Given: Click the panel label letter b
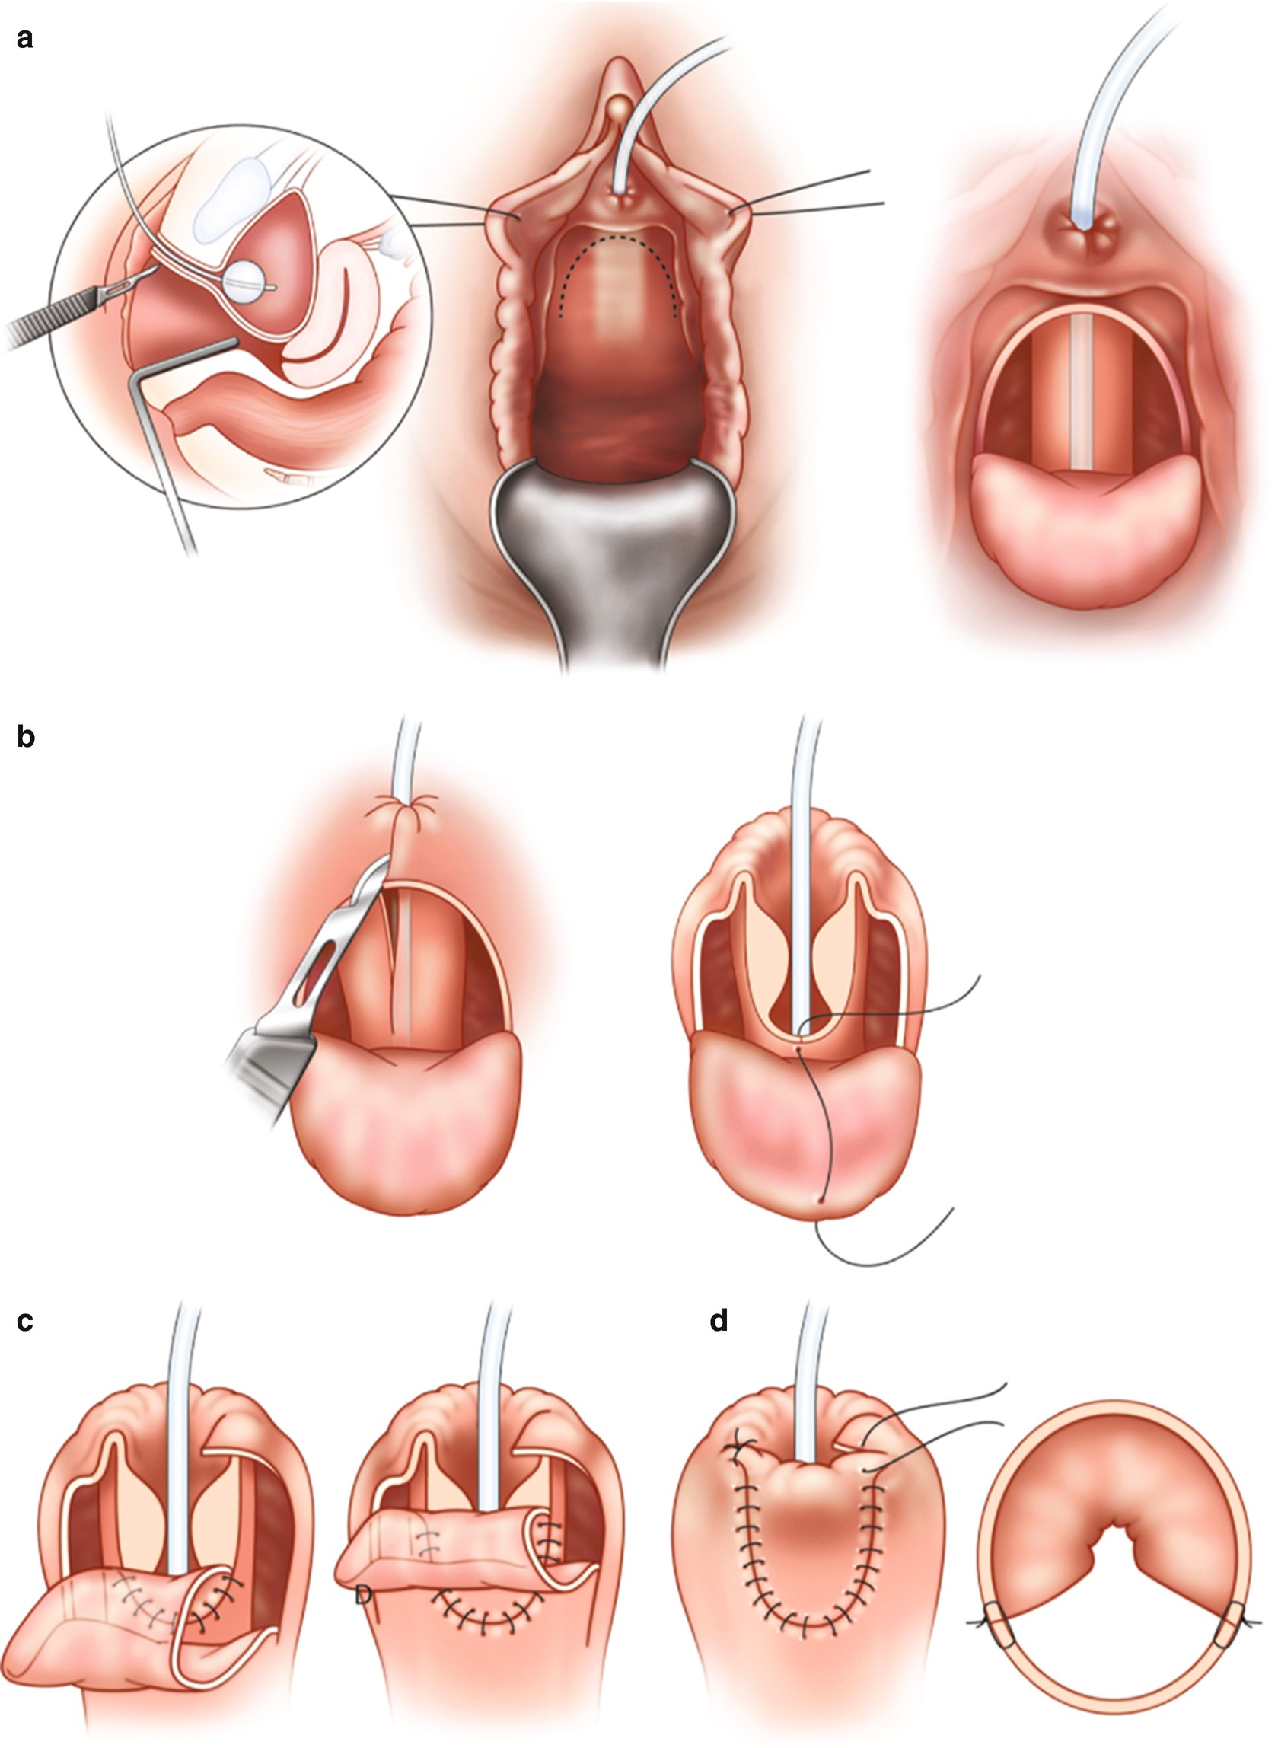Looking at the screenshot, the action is point(26,737).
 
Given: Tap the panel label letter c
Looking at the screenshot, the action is point(25,1322).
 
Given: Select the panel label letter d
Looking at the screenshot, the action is point(719,1321).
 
